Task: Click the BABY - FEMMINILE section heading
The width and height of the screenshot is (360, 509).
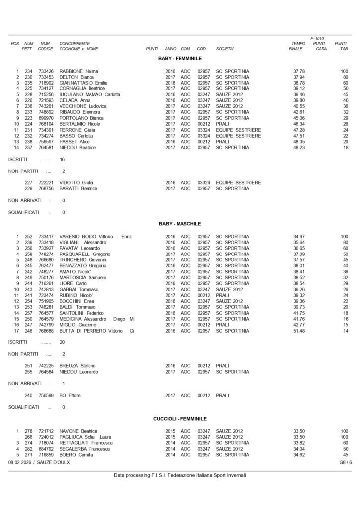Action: click(x=180, y=58)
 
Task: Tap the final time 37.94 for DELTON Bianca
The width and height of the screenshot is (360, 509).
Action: click(x=299, y=77)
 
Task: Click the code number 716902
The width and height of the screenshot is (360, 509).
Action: click(x=46, y=83)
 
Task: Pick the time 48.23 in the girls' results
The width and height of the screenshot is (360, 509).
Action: click(x=299, y=148)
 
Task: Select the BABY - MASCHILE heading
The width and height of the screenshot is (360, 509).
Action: click(x=180, y=224)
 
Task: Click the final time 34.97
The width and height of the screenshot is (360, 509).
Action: click(x=299, y=236)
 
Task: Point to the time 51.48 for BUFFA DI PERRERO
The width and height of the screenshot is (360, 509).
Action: click(x=299, y=331)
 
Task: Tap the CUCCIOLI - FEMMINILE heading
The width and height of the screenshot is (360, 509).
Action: click(x=180, y=419)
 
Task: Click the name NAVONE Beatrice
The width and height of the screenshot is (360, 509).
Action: click(x=78, y=431)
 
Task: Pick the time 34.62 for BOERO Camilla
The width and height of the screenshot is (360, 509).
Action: click(x=299, y=454)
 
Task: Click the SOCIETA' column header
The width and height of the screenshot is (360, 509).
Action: click(x=225, y=49)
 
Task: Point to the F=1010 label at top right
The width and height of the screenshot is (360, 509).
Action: click(x=317, y=38)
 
